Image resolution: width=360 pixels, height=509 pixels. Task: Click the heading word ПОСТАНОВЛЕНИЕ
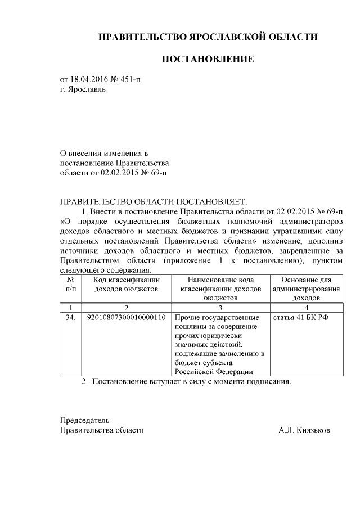[x=208, y=59]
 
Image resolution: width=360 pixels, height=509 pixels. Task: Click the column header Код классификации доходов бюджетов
[x=126, y=284]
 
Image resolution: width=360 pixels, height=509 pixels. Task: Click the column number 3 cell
[x=220, y=308]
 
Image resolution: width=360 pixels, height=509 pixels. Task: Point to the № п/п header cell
[x=71, y=284]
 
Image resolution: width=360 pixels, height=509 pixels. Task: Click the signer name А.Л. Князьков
[x=304, y=430]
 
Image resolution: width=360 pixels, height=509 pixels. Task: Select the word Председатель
[x=85, y=420]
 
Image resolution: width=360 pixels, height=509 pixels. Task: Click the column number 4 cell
[x=306, y=308]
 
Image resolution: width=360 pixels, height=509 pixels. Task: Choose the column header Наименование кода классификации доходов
[x=220, y=289]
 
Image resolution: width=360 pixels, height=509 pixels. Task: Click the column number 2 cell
[x=126, y=308]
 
